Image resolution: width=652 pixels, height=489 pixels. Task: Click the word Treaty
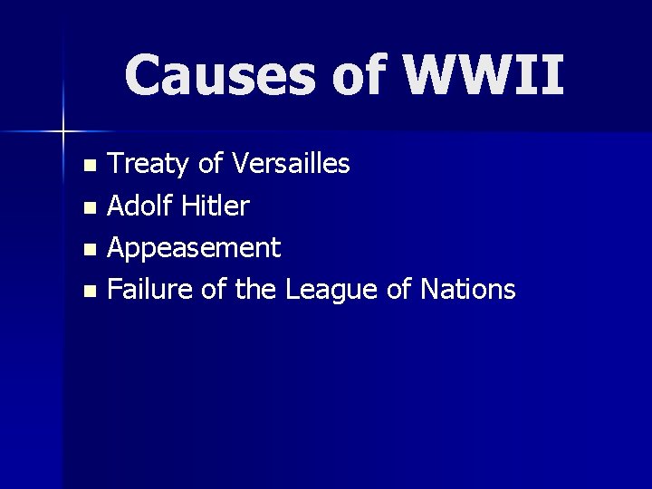pyautogui.click(x=149, y=164)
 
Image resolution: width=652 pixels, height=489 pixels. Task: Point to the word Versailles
pyautogui.click(x=291, y=164)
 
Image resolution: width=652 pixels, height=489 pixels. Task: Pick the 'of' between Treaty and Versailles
pyautogui.click(x=210, y=164)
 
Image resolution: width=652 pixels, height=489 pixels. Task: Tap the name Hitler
pyautogui.click(x=215, y=206)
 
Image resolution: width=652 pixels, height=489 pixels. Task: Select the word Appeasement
pyautogui.click(x=194, y=247)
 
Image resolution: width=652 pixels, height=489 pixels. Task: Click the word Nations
pyautogui.click(x=468, y=290)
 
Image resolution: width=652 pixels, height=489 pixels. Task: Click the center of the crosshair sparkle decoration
pyautogui.click(x=63, y=132)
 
